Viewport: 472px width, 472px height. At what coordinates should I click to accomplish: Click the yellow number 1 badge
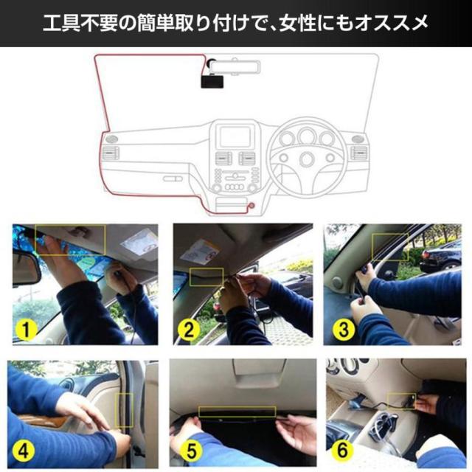coord(27,330)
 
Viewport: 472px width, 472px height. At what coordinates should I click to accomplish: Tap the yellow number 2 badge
coord(189,330)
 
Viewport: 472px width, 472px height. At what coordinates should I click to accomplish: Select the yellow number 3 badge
coord(344,329)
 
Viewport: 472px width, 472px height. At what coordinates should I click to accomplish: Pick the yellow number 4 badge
coord(24,451)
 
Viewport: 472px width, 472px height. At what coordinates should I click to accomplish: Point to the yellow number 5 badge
coord(191,451)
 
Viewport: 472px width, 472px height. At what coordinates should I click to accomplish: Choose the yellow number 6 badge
coord(342,450)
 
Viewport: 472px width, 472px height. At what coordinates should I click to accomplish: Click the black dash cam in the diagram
coord(212,82)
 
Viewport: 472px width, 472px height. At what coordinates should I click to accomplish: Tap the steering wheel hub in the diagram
coord(307,159)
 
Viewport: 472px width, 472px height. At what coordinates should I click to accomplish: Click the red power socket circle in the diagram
coord(251,206)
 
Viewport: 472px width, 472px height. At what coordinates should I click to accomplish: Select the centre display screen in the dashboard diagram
coord(235,136)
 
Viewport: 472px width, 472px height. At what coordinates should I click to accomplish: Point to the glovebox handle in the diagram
coord(173,178)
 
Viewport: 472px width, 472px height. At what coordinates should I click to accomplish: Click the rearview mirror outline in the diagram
coord(235,67)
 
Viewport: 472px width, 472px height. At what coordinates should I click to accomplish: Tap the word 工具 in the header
coord(61,23)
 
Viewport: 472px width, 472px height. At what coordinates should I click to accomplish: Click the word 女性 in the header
coord(297,23)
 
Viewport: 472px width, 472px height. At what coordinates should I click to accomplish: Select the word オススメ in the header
coord(392,23)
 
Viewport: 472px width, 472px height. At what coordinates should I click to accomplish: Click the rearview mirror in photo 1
coord(25,268)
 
